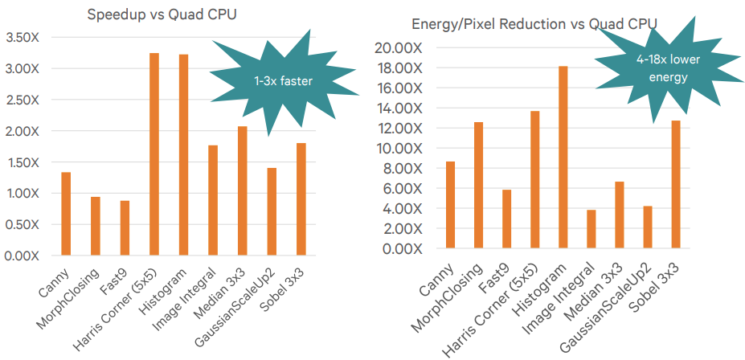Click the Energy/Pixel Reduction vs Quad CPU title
534,25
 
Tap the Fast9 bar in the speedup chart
125,228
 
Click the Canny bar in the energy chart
450,205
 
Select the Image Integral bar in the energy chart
591,229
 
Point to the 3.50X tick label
22,38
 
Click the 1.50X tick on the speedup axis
22,162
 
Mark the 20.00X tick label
399,48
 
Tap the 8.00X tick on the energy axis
403,169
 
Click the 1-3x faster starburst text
283,81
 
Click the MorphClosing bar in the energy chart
478,186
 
